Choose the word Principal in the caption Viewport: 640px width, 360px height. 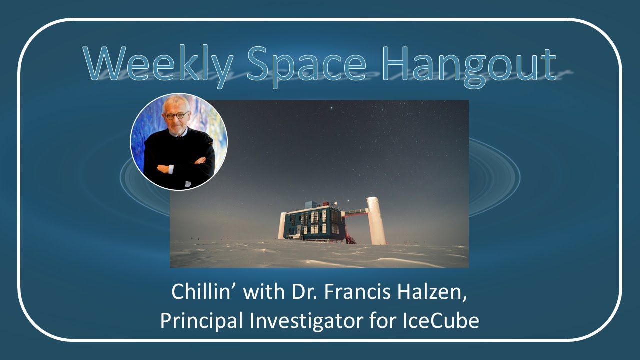tap(198, 321)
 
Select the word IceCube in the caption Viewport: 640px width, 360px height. tap(440, 321)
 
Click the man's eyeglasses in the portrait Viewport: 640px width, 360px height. tap(177, 116)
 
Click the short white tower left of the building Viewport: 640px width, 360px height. tap(282, 226)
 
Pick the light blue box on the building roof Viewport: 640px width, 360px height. tap(310, 204)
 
